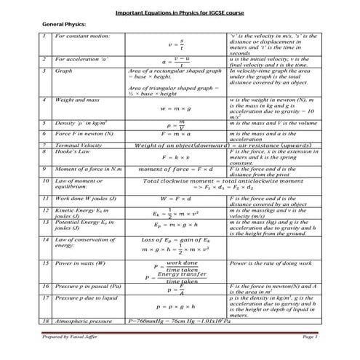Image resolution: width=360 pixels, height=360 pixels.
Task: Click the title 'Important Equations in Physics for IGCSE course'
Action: pos(179,13)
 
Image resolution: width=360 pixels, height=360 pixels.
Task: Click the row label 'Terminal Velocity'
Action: pos(79,146)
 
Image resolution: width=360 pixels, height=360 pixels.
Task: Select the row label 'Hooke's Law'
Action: pos(73,152)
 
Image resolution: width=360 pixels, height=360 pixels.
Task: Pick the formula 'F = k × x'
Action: pos(177,157)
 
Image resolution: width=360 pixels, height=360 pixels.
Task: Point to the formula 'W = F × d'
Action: pos(177,198)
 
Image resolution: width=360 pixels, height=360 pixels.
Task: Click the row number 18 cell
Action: pos(45,320)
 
